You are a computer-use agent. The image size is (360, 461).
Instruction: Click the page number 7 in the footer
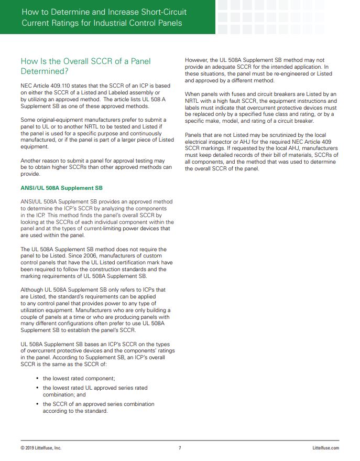tap(180, 448)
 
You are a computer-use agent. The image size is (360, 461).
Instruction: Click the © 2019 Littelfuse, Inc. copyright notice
tap(41, 448)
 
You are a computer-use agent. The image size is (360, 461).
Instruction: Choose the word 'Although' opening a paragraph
tap(33, 290)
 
